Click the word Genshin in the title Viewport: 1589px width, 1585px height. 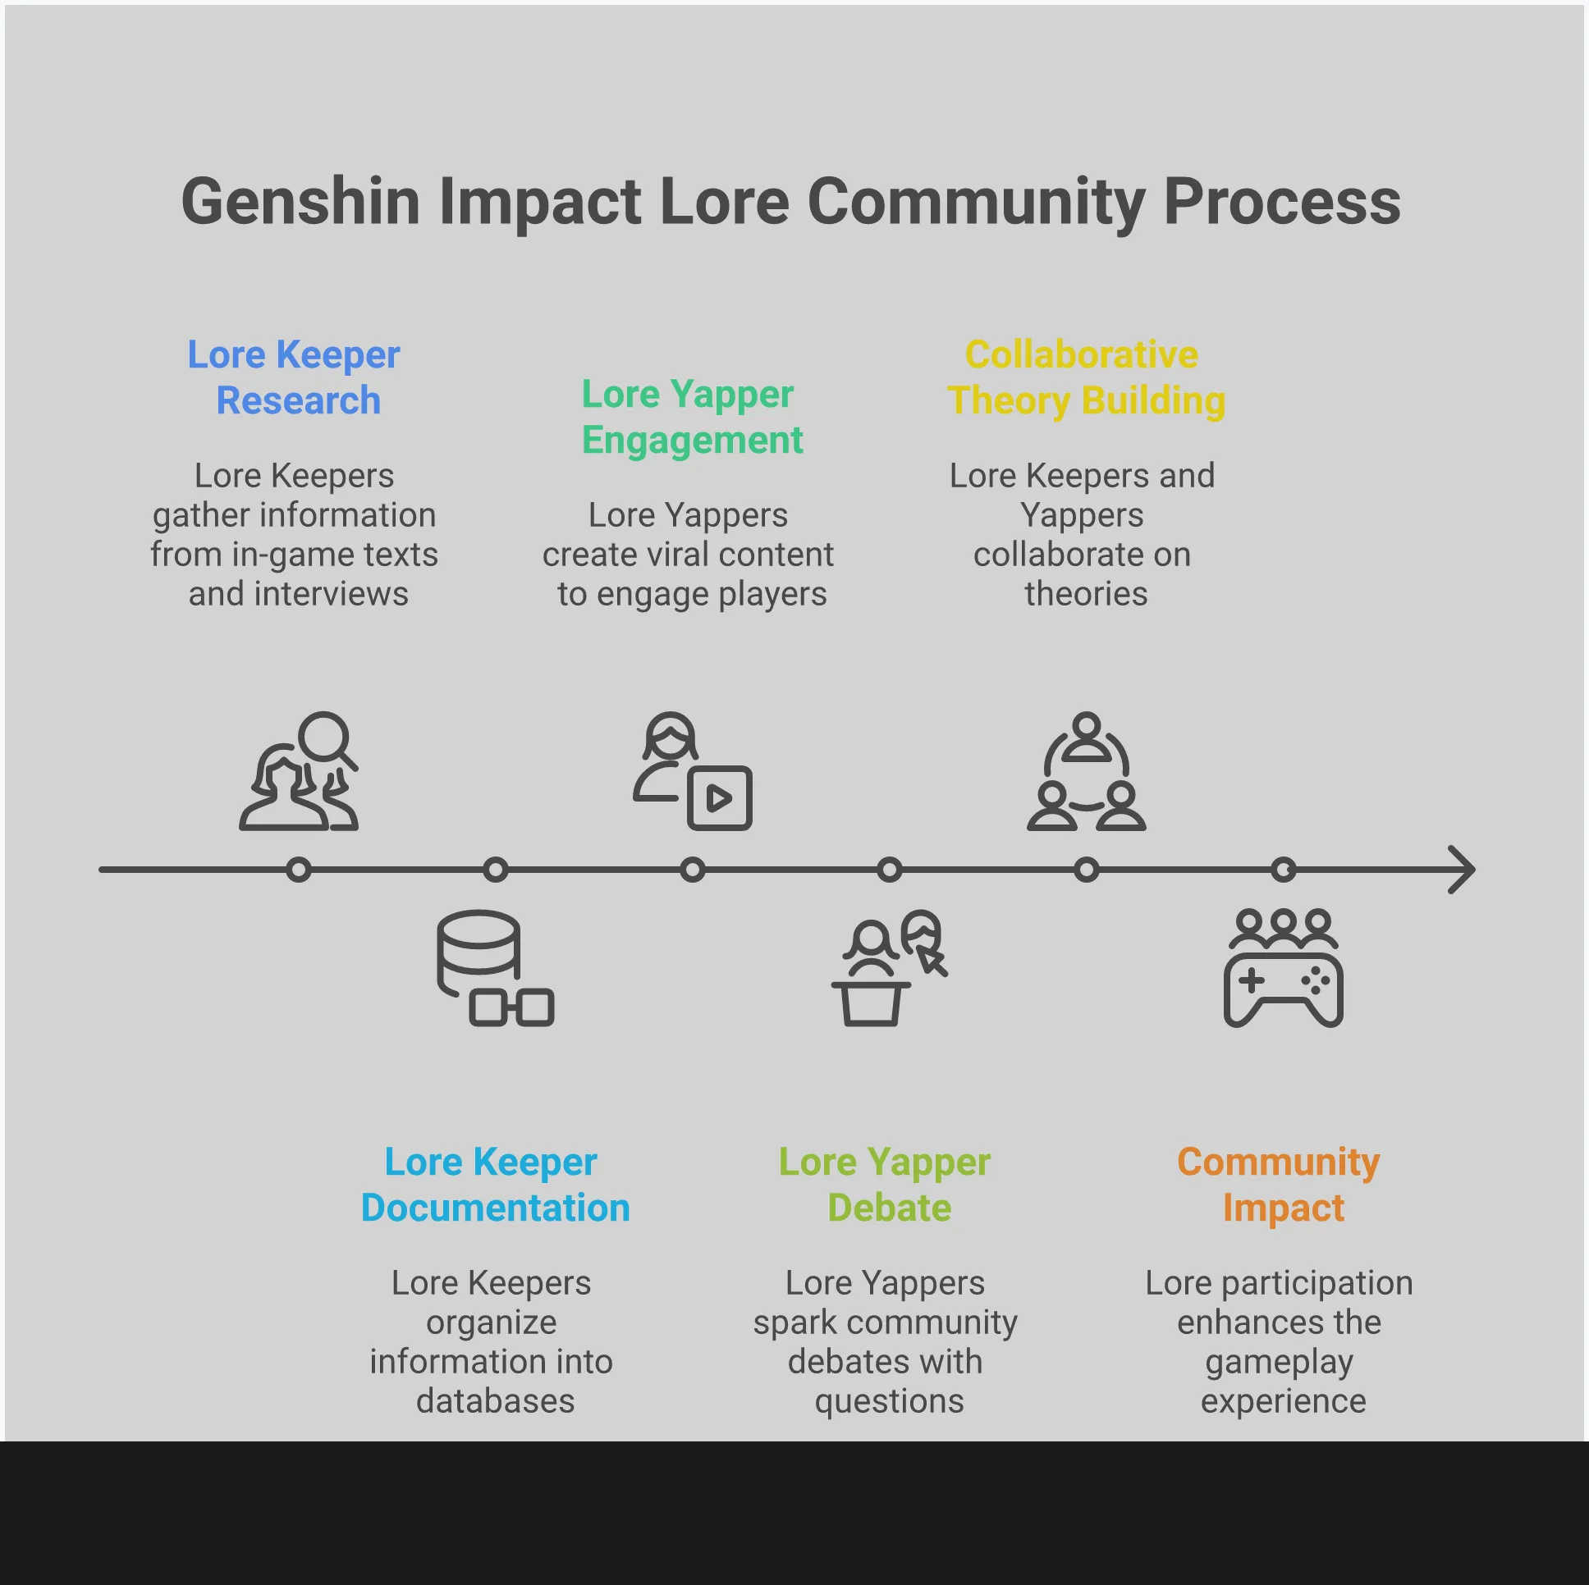(300, 203)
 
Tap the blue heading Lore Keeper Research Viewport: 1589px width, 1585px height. (295, 377)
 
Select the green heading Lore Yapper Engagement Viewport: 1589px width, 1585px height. (691, 417)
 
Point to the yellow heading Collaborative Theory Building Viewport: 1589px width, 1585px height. (1085, 377)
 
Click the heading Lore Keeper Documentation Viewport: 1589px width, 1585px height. (495, 1185)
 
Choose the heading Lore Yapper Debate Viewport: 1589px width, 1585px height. (886, 1185)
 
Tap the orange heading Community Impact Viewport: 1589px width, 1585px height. (1280, 1185)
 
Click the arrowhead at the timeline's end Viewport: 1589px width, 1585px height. (1463, 870)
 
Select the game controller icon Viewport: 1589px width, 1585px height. (1283, 982)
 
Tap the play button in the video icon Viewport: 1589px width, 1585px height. (720, 798)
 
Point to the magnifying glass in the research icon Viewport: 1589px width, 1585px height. (326, 738)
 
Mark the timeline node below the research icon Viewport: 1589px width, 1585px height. (299, 870)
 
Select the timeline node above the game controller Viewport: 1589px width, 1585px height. (1283, 870)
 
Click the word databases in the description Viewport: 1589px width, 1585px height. (495, 1401)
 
